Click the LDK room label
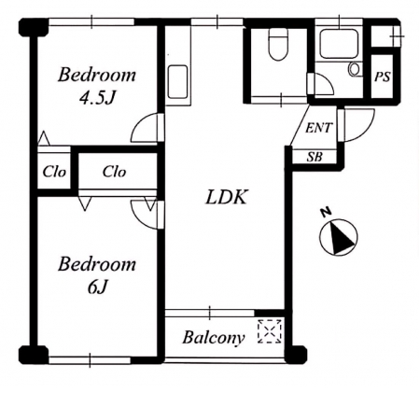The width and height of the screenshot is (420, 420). [x=227, y=197]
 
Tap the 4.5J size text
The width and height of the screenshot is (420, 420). [x=97, y=98]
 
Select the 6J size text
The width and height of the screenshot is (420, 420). [x=97, y=287]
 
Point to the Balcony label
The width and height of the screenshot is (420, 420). [x=214, y=338]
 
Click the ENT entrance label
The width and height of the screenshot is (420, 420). [x=319, y=128]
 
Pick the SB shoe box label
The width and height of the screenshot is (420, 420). [x=315, y=157]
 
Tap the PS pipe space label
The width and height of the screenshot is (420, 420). [x=382, y=77]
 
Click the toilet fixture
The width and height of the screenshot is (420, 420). [x=278, y=44]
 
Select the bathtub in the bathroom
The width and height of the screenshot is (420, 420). [x=339, y=44]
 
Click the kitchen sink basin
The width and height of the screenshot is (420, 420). [x=178, y=82]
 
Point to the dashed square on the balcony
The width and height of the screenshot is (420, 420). [x=270, y=331]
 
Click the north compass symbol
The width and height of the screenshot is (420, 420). [x=339, y=237]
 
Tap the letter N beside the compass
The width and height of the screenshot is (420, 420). [x=326, y=213]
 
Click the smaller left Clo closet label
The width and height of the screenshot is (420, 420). [x=54, y=172]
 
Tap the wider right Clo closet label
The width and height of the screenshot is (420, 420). [x=114, y=172]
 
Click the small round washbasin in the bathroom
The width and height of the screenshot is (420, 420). [x=354, y=69]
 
